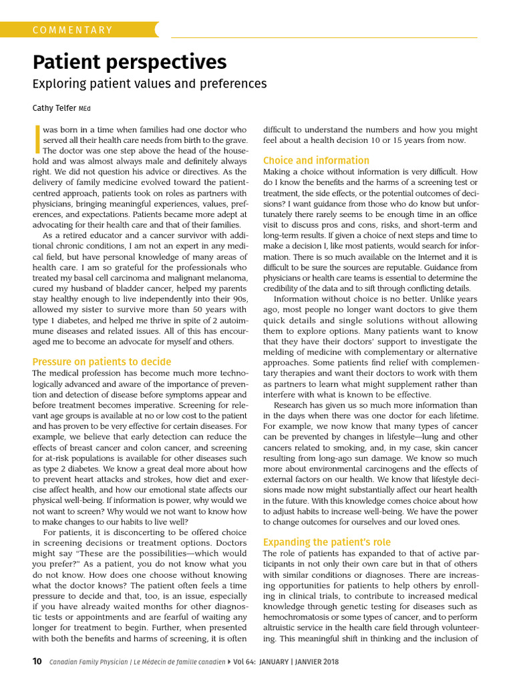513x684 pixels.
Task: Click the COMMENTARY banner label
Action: [x=73, y=30]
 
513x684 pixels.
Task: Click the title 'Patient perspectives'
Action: [x=130, y=62]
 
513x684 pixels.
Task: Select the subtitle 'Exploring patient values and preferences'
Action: [x=150, y=83]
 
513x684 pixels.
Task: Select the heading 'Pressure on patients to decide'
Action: [x=102, y=361]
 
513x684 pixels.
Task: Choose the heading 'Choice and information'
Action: [x=316, y=160]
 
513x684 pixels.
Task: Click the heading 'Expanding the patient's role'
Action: [x=327, y=542]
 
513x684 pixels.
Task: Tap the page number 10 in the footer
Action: [x=37, y=661]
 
